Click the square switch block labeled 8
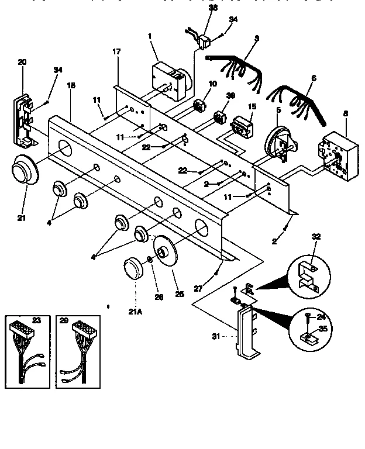tap(335, 153)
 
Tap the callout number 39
tap(230, 96)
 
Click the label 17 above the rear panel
tap(116, 51)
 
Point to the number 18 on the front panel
tap(71, 85)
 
